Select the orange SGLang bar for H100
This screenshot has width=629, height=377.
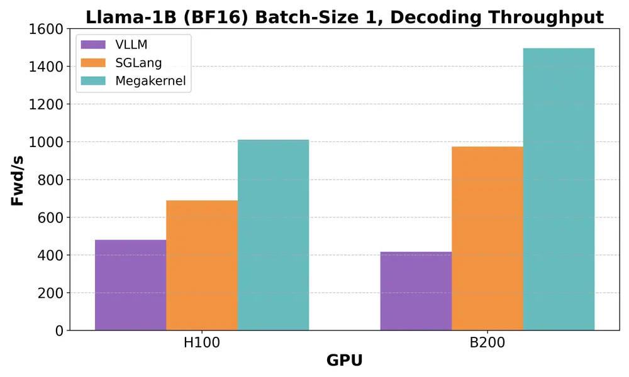pyautogui.click(x=202, y=265)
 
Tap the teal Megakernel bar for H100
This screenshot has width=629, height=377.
pyautogui.click(x=273, y=235)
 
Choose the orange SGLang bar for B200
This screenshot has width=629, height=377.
pyautogui.click(x=487, y=238)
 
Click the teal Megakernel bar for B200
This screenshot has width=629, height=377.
pyautogui.click(x=559, y=189)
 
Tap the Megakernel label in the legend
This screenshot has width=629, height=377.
pyautogui.click(x=150, y=81)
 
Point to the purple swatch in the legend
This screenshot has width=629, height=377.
pyautogui.click(x=94, y=45)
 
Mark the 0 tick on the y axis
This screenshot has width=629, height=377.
pyautogui.click(x=59, y=331)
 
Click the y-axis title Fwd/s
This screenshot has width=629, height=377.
pyautogui.click(x=18, y=180)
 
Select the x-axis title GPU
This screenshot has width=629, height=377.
pyautogui.click(x=344, y=361)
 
